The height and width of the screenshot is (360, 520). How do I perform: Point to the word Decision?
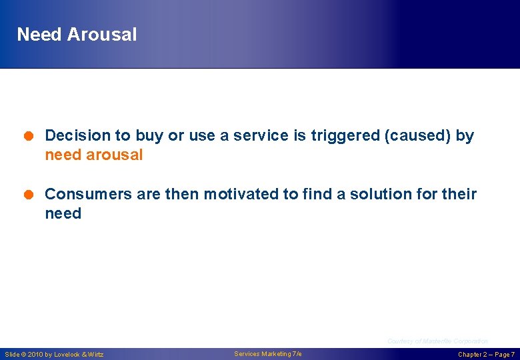click(x=77, y=136)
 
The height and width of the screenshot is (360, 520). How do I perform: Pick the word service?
click(x=261, y=136)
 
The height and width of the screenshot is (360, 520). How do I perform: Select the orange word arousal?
click(x=115, y=155)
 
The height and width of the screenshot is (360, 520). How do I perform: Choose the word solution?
click(x=367, y=195)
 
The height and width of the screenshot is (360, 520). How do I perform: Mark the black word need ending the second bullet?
click(x=63, y=214)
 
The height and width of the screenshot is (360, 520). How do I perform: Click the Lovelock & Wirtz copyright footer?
click(x=54, y=355)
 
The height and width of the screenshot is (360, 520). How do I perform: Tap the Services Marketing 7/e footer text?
click(x=268, y=354)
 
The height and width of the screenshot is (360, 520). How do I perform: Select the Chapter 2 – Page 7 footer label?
click(x=486, y=355)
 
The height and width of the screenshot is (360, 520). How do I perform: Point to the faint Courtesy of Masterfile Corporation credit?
click(x=437, y=341)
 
